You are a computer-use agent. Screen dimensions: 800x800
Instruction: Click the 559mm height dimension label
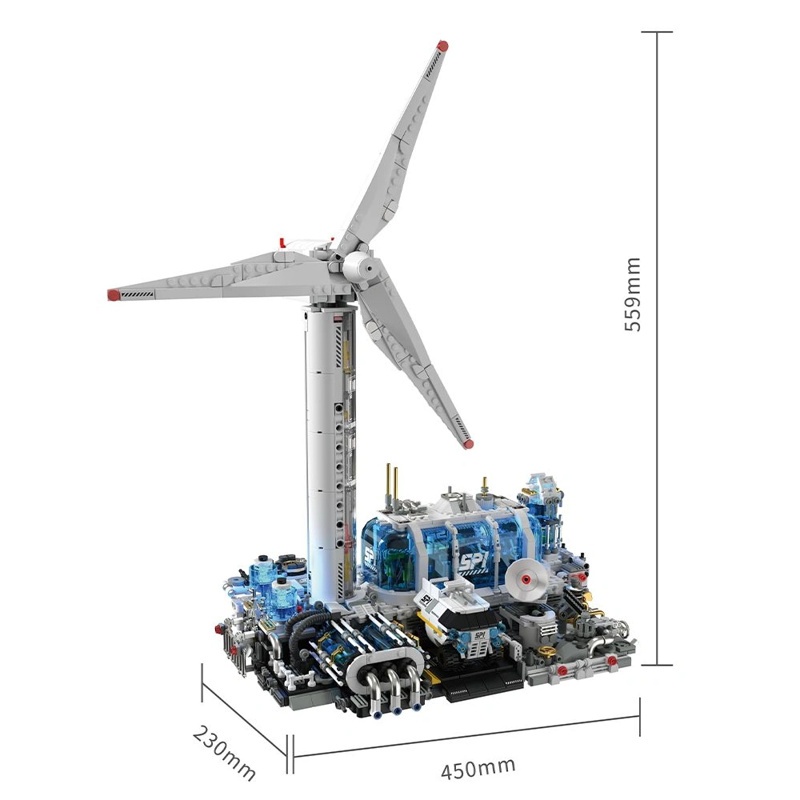click(633, 294)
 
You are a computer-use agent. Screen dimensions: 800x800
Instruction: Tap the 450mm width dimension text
click(478, 769)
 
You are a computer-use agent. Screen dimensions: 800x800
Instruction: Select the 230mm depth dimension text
click(225, 753)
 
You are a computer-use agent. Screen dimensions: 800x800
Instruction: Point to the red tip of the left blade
click(113, 295)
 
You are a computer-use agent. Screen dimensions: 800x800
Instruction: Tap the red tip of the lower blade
click(468, 442)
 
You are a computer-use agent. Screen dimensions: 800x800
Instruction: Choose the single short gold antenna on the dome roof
click(484, 484)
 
